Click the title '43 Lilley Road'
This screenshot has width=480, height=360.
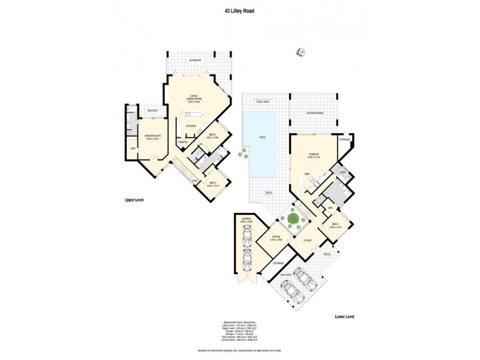click(x=239, y=10)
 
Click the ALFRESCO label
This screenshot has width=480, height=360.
click(x=194, y=61)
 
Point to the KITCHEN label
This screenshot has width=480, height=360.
click(x=191, y=126)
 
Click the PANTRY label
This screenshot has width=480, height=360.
click(x=184, y=142)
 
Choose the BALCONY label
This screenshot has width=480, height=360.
click(x=153, y=110)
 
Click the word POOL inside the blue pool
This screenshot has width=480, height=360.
click(x=262, y=137)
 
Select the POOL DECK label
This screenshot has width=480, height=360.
click(x=263, y=102)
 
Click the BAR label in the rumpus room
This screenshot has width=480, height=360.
click(x=307, y=174)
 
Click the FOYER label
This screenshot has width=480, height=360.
click(x=307, y=241)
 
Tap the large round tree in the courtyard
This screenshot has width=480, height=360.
click(x=294, y=218)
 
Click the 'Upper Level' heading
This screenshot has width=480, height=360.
click(x=134, y=199)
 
